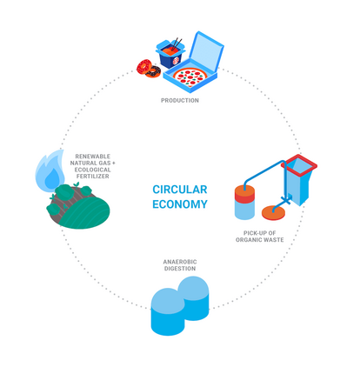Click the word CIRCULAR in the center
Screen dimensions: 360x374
click(180, 190)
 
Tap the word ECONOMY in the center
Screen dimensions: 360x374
click(180, 204)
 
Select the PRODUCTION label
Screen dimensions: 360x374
click(180, 101)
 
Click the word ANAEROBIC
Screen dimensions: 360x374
click(180, 262)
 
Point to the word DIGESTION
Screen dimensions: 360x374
click(180, 269)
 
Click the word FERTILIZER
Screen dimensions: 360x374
click(93, 177)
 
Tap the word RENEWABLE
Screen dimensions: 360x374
click(93, 157)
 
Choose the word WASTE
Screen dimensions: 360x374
click(273, 240)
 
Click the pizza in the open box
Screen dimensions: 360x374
click(190, 77)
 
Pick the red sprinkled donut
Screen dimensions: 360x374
click(144, 67)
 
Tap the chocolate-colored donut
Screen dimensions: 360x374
click(154, 71)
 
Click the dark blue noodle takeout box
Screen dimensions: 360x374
click(170, 54)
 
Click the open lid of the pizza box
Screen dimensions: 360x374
click(206, 50)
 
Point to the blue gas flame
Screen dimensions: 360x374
click(50, 171)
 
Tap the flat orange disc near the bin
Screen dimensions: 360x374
click(273, 212)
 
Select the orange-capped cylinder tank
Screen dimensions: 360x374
click(244, 203)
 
